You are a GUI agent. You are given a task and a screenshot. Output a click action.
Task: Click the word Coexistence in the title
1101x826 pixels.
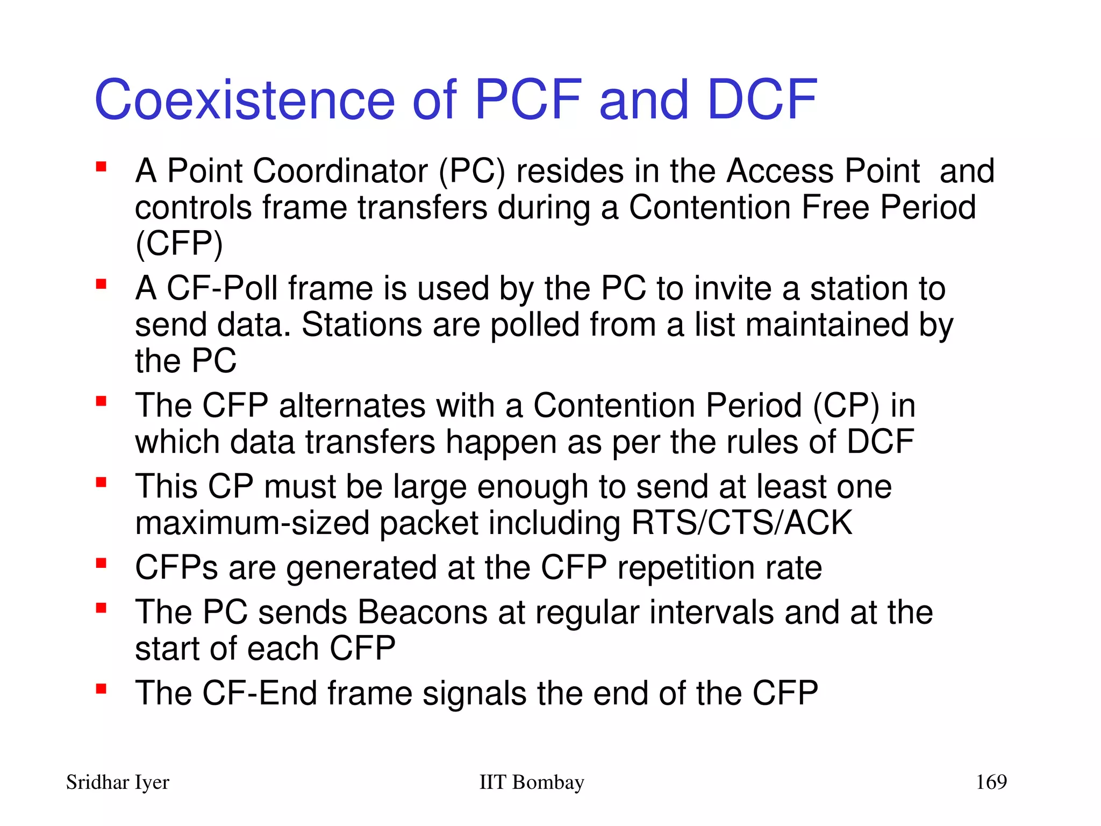(245, 100)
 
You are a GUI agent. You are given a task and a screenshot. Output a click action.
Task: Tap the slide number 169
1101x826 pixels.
(991, 781)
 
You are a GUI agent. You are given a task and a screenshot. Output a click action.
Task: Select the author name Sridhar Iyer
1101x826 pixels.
(117, 782)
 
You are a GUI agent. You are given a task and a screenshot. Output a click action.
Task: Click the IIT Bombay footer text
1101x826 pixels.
(531, 782)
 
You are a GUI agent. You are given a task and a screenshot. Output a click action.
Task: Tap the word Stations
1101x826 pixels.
(361, 325)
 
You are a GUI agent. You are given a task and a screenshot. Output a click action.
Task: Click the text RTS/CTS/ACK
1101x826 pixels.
(742, 523)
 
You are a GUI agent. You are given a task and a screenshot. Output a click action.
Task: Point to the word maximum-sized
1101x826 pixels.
(252, 523)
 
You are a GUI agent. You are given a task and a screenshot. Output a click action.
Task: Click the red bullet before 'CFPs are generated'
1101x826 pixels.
(101, 563)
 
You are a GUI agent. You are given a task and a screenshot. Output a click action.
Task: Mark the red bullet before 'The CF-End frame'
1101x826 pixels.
(101, 688)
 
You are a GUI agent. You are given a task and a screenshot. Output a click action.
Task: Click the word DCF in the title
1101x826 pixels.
(762, 100)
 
